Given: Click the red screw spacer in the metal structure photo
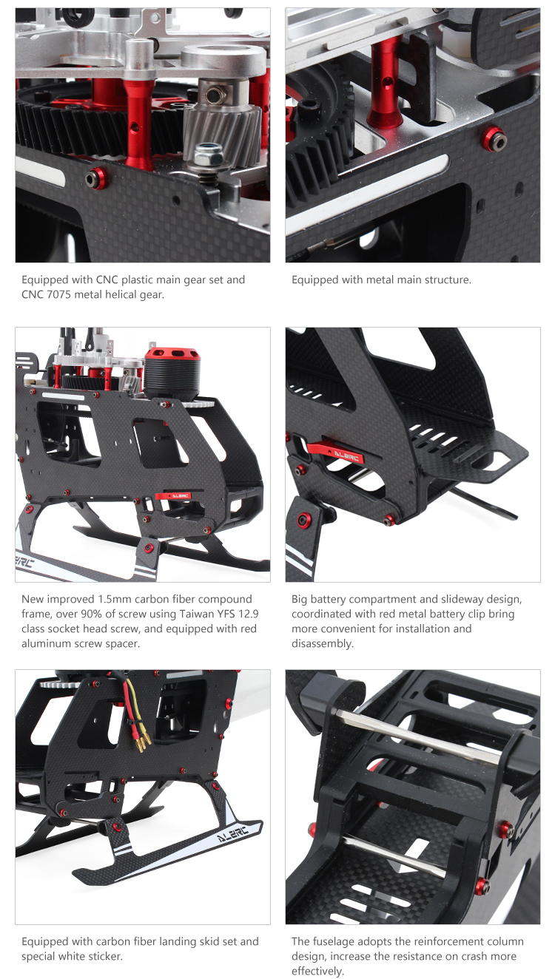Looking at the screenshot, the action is [x=494, y=139].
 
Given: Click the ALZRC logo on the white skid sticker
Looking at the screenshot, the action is [x=232, y=833].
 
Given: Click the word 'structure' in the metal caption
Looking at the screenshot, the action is [x=450, y=280].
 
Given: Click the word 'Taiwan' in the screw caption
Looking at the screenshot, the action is [x=198, y=614].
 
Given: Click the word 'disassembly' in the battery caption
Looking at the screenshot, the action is [x=323, y=644].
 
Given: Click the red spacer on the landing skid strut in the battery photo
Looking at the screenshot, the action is [x=304, y=520].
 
